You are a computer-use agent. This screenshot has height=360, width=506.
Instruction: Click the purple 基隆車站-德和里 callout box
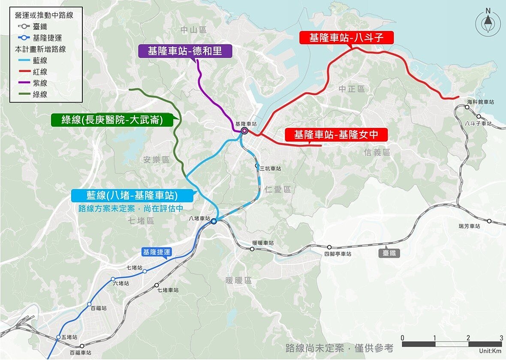click(185, 51)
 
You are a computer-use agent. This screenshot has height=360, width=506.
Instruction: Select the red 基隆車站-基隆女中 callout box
click(336, 135)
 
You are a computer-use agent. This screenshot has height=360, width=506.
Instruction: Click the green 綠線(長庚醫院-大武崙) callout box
click(112, 120)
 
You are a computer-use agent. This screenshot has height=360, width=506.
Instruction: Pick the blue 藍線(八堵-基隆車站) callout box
click(132, 196)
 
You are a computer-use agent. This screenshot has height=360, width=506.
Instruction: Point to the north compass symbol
click(488, 24)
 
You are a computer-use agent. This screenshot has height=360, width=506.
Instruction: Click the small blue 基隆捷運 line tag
click(157, 252)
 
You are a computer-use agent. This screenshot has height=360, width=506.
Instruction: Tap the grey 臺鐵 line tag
click(389, 253)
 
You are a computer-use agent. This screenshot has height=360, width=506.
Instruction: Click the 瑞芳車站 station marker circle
click(489, 221)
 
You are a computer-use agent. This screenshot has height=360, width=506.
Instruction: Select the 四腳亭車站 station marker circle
click(329, 247)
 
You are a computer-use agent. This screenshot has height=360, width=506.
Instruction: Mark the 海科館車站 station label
click(480, 102)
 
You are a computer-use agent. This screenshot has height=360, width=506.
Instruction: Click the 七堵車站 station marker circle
click(157, 285)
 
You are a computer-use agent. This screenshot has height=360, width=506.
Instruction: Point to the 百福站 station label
click(98, 308)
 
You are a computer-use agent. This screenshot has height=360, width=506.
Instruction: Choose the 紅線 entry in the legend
click(40, 72)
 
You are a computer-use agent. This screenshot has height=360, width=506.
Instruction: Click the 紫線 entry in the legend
click(40, 83)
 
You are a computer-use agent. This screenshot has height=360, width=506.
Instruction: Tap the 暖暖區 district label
click(238, 280)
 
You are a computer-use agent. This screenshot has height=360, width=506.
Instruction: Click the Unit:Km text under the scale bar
click(490, 351)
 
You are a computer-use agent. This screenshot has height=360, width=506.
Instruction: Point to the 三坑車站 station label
click(270, 169)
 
